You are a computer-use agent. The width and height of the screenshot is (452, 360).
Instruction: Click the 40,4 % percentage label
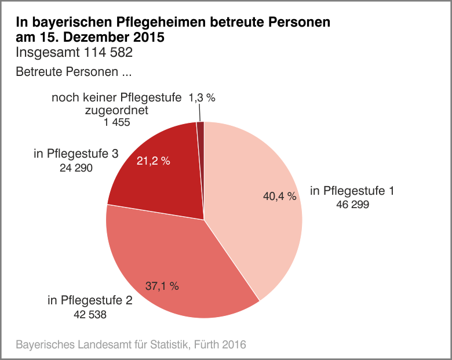coord(280,197)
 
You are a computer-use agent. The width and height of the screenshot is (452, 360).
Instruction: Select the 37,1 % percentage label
coord(162,286)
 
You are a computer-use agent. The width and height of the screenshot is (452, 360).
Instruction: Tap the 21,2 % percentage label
coord(153,161)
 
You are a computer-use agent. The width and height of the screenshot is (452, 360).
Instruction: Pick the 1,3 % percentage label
coord(202,99)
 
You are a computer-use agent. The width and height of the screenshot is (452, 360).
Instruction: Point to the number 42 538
coord(89,315)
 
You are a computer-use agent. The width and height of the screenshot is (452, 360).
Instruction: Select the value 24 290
coord(76,168)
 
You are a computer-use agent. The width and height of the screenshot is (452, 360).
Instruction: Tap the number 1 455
coord(116,122)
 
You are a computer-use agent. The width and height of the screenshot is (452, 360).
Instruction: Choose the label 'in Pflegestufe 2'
coord(90,301)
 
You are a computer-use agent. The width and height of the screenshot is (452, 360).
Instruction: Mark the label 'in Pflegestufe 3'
coord(76,154)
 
